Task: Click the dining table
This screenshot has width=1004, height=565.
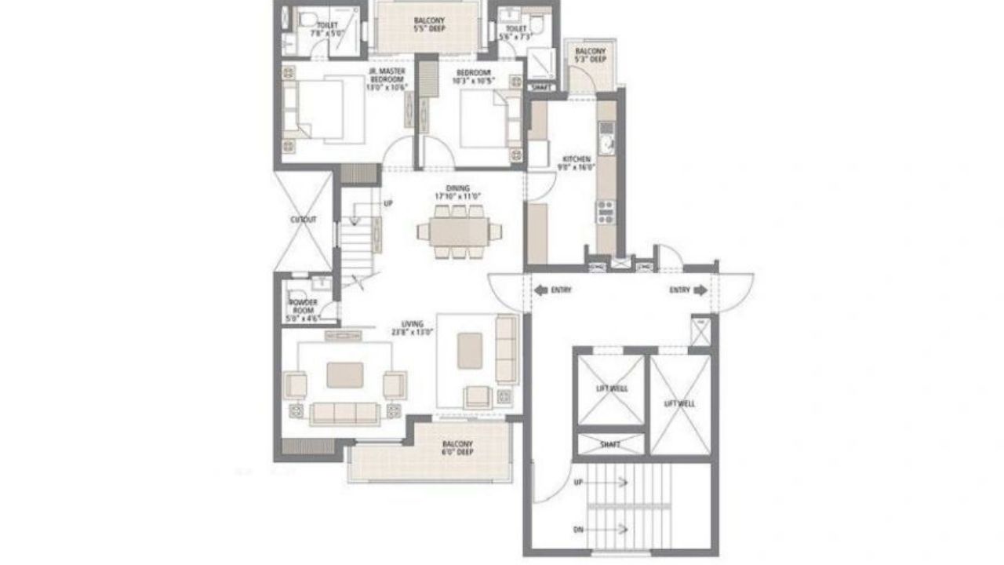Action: pos(459,231)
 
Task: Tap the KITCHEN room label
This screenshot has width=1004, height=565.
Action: pos(577,162)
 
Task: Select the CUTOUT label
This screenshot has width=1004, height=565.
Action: pos(303,220)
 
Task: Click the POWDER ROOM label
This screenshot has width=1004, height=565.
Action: pos(302,306)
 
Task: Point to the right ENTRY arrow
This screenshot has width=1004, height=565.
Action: pos(700,290)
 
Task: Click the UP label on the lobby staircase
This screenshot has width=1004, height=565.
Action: pos(579,481)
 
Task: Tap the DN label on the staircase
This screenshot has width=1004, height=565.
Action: pos(578,529)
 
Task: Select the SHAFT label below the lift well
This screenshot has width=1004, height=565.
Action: pos(610,444)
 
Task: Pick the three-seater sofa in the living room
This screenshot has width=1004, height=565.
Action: pos(345,413)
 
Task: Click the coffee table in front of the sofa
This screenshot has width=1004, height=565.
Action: pos(345,374)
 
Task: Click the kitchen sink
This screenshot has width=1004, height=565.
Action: pos(606,143)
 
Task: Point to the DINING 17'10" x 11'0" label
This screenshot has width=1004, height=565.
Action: pos(458,191)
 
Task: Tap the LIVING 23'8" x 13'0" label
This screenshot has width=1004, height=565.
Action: pos(413,326)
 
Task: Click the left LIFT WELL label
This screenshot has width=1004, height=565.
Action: pos(613,388)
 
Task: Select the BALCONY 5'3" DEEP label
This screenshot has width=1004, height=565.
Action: pos(591,55)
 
